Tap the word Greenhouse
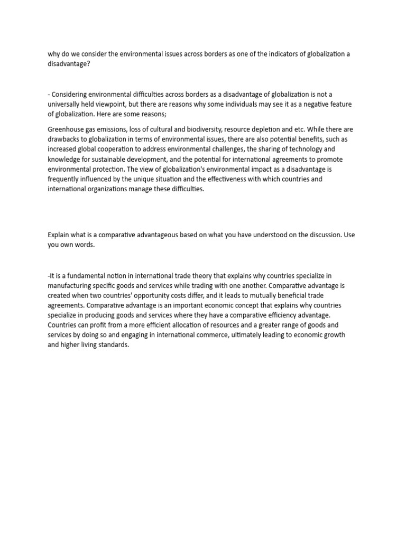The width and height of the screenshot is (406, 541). (66, 129)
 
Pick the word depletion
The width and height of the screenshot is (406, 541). (270, 129)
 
